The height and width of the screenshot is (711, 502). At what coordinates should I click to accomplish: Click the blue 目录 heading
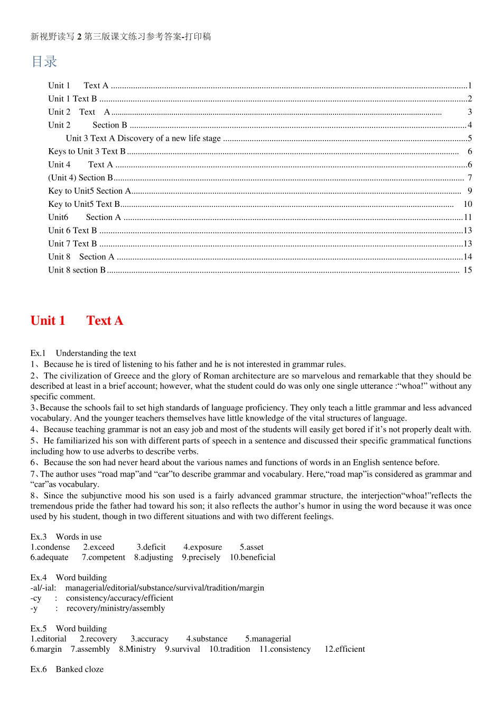pyautogui.click(x=44, y=62)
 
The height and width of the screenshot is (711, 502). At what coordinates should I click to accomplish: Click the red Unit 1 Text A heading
pyautogui.click(x=77, y=321)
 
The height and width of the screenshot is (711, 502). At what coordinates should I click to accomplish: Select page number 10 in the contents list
pyautogui.click(x=468, y=204)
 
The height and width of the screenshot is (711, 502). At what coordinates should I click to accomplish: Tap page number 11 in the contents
pyautogui.click(x=468, y=217)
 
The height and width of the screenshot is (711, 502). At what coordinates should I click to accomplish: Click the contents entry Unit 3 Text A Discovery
pyautogui.click(x=143, y=138)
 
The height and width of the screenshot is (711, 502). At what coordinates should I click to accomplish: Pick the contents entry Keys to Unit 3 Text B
pyautogui.click(x=87, y=151)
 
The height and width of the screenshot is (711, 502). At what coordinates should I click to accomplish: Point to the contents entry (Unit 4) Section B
pyautogui.click(x=80, y=178)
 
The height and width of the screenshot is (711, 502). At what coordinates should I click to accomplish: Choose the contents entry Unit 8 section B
pyautogui.click(x=77, y=270)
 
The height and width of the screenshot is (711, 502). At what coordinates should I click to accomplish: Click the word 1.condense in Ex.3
pyautogui.click(x=50, y=547)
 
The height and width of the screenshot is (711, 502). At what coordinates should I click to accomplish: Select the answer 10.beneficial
pyautogui.click(x=253, y=557)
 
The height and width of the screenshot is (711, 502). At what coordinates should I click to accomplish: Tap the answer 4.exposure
pyautogui.click(x=203, y=547)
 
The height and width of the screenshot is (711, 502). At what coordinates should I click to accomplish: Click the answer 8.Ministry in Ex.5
pyautogui.click(x=137, y=649)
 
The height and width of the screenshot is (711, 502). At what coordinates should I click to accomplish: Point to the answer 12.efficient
pyautogui.click(x=345, y=649)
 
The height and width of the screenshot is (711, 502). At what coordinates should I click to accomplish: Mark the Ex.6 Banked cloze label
pyautogui.click(x=67, y=669)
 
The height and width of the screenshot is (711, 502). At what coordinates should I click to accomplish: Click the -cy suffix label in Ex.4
pyautogui.click(x=36, y=598)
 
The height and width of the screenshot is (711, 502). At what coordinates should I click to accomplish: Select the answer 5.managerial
pyautogui.click(x=268, y=639)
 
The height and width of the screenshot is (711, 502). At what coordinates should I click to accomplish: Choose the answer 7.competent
pyautogui.click(x=104, y=557)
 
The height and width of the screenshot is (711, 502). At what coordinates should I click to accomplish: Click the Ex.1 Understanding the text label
pyautogui.click(x=83, y=353)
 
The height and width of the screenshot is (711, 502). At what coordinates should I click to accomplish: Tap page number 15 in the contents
pyautogui.click(x=468, y=270)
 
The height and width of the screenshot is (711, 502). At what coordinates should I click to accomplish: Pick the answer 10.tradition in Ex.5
pyautogui.click(x=230, y=649)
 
